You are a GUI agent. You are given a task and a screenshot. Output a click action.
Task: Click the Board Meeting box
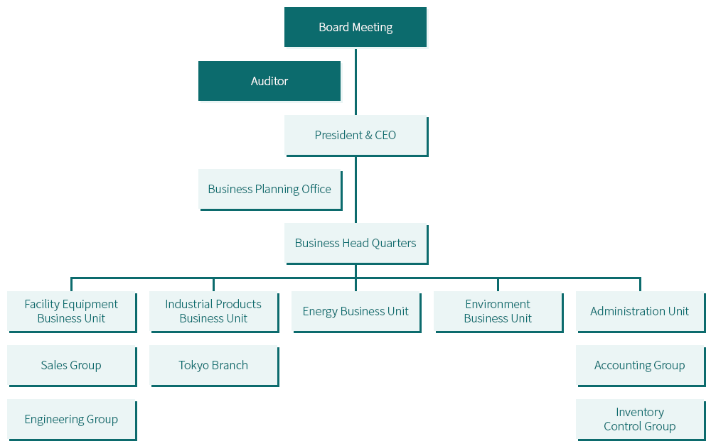355,27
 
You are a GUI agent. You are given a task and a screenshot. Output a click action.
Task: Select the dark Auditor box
269,81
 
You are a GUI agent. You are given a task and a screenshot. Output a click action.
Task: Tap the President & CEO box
356,136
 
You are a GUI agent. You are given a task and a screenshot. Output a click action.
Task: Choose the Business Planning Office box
270,190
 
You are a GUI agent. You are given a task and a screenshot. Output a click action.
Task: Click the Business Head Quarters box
356,244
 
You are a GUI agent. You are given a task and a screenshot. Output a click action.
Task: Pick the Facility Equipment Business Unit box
72,312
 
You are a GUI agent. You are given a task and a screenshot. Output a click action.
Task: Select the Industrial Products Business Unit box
213,312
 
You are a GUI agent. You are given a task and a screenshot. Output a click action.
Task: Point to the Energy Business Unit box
356,312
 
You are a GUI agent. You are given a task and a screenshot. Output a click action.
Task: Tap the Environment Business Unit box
498,312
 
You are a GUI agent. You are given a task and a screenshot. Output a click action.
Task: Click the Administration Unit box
641,312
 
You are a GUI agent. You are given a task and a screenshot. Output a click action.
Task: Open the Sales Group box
72,366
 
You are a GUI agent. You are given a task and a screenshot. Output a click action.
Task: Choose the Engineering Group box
72,420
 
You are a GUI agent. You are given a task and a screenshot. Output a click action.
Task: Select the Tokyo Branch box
213,366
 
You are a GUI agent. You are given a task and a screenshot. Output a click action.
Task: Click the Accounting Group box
641,366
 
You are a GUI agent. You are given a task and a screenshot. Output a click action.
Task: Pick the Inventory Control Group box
641,420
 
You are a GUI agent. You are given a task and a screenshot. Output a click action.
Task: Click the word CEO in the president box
385,136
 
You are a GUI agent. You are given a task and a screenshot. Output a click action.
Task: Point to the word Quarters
394,244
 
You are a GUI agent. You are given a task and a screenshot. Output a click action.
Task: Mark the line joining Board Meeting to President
355,82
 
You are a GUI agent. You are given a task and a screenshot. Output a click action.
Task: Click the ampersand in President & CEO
368,136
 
